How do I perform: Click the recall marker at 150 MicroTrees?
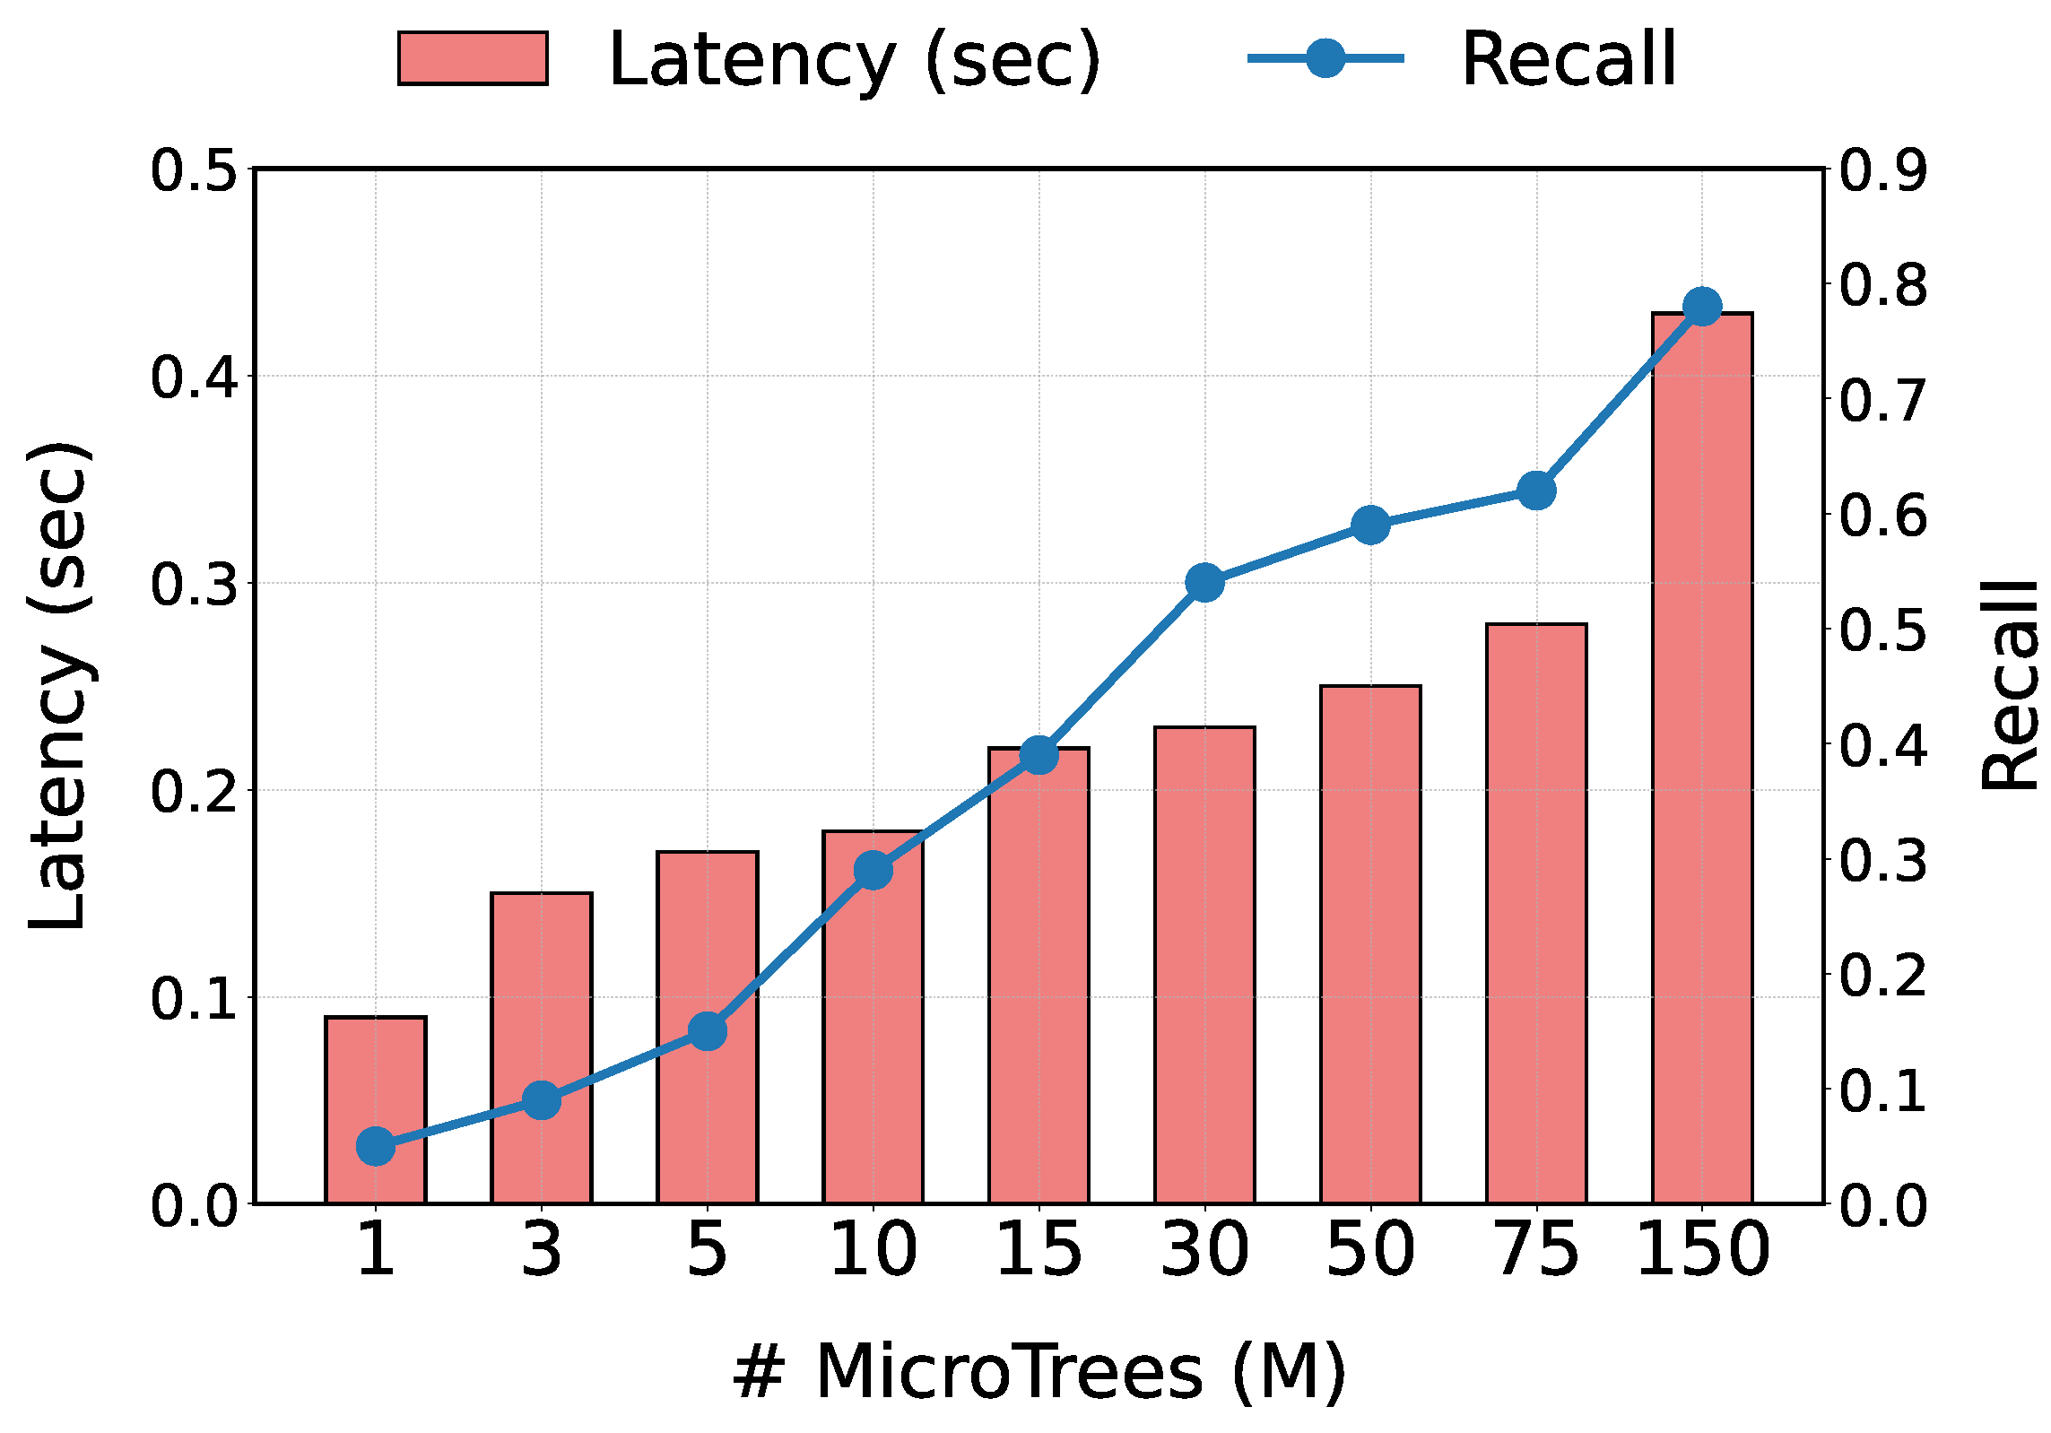click(x=1701, y=307)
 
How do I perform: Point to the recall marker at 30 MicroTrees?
click(x=1204, y=583)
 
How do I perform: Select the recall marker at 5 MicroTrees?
click(x=707, y=1031)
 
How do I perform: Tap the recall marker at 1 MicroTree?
click(x=375, y=1146)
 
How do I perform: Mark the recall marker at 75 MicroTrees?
click(x=1535, y=491)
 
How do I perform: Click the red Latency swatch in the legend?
click(x=473, y=58)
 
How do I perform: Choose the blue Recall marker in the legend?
click(x=1325, y=58)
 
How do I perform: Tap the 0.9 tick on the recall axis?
click(x=1882, y=170)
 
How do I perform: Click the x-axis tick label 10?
click(x=873, y=1250)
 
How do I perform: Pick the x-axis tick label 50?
click(x=1369, y=1250)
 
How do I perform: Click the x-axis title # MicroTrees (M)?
click(x=1039, y=1372)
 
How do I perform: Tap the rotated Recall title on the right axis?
click(x=2009, y=686)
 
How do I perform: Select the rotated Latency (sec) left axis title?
click(x=58, y=686)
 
